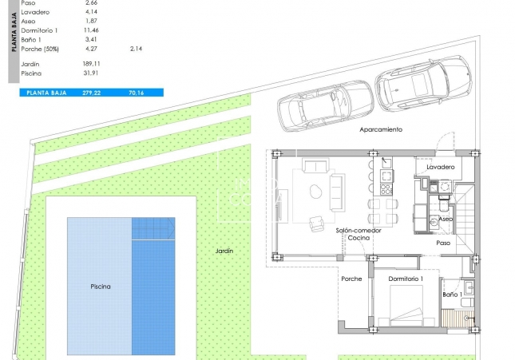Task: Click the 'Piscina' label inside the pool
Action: tap(101, 286)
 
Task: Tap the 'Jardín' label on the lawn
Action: tap(224, 251)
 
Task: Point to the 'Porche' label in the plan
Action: tap(351, 279)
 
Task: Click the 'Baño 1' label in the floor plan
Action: tap(452, 295)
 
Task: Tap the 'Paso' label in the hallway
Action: tap(443, 243)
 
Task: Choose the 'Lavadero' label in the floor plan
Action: tap(440, 167)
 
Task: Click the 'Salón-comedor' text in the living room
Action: tap(358, 230)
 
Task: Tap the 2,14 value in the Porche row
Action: tap(136, 49)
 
